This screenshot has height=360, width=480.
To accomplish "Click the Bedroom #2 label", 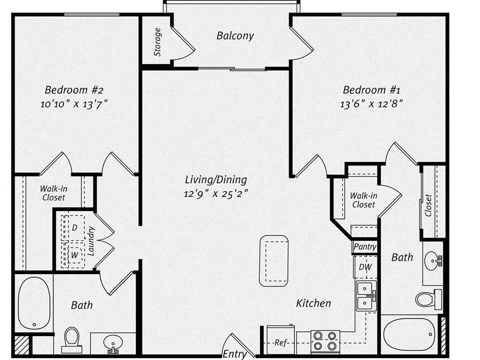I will coord(74,90).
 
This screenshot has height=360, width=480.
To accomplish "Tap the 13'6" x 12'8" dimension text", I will coord(371,104).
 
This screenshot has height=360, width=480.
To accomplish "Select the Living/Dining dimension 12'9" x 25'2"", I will coord(216,193).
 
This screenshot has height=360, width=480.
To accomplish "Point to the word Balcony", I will coord(235,36).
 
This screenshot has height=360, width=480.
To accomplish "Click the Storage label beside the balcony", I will coord(157,42).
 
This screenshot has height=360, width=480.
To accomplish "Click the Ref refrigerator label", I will coord(281,342).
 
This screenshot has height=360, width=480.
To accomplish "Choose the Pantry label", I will coord(365,247).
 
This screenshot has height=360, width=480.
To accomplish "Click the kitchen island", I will coord(275,261).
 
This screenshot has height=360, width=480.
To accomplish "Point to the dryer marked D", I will coord(75,228).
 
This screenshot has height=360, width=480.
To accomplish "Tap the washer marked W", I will coord(75,255).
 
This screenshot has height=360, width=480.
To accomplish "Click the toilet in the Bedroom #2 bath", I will coord(71,340).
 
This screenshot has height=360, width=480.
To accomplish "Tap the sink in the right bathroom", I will coord(433,259).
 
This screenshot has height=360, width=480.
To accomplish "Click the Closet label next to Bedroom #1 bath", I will coord(428,205).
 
